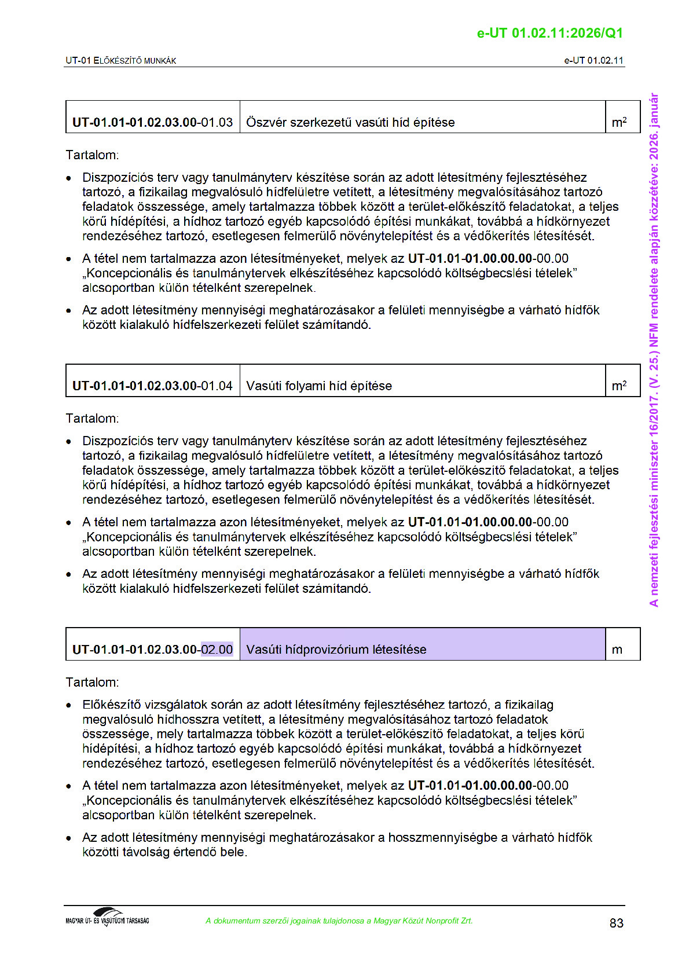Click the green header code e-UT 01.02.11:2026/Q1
549,33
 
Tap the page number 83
616,923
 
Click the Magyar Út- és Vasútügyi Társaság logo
108,917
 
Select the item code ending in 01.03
152,122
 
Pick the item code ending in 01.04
152,386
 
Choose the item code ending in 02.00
152,650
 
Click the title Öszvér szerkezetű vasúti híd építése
350,122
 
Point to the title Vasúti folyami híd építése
319,386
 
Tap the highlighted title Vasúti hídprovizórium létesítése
336,650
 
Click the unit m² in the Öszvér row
619,122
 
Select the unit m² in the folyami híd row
619,386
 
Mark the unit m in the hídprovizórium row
617,650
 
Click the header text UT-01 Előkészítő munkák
121,60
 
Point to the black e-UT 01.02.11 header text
593,60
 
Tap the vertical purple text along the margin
654,350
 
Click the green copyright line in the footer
339,921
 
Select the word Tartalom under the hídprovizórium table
92,682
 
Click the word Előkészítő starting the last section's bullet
111,705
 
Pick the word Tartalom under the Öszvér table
92,155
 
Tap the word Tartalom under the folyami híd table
92,418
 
